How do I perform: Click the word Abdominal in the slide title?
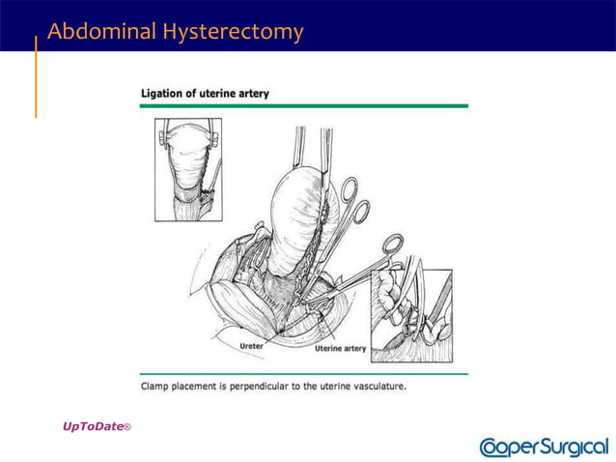pos(102,32)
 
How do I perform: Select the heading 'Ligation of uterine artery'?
pos(205,94)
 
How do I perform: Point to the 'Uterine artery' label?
pos(339,347)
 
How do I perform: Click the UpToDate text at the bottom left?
pos(94,425)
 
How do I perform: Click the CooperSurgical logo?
pos(544,447)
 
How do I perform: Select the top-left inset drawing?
pos(188,169)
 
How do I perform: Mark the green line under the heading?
pos(304,105)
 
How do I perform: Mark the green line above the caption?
pos(304,373)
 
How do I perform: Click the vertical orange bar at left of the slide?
pos(37,77)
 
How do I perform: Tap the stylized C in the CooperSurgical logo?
pos(490,447)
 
